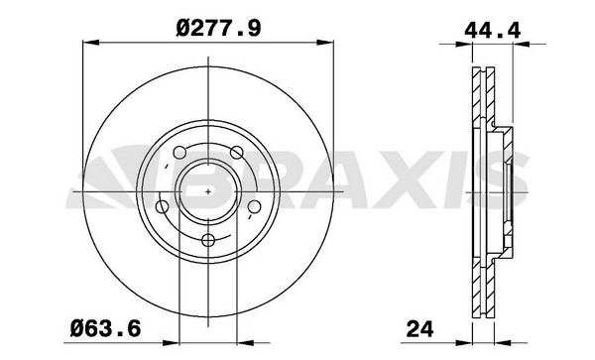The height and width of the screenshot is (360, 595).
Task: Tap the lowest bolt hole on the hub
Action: tap(206, 240)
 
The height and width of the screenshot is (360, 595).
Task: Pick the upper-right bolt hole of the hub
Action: tap(236, 152)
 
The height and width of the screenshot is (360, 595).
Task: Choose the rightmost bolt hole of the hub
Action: tap(253, 206)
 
